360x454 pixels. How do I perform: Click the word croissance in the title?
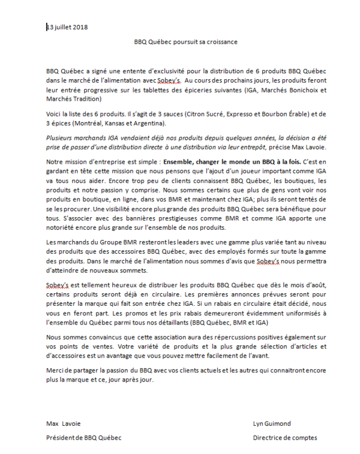(221, 42)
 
